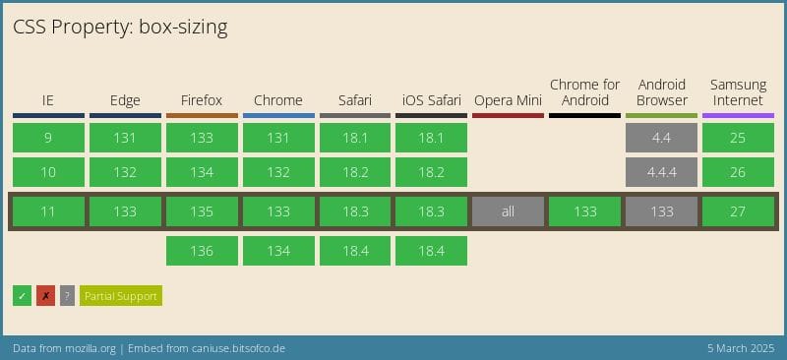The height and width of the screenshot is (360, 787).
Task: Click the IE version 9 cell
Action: [48, 138]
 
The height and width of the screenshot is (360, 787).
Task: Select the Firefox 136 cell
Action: [202, 251]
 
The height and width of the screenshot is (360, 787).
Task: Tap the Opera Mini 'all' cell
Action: [508, 211]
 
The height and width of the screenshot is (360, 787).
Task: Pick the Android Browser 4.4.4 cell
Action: [661, 172]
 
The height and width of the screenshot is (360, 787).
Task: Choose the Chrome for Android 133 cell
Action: [584, 211]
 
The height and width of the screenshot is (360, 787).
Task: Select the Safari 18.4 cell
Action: [355, 251]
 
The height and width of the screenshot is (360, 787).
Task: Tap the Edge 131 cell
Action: [125, 138]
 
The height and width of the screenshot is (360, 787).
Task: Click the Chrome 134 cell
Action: [278, 251]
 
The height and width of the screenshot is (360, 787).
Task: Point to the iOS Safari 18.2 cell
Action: [432, 172]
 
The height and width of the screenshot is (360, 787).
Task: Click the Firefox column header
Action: [202, 100]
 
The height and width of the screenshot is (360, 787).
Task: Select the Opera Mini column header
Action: [508, 100]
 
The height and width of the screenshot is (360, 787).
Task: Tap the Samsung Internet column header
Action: [738, 92]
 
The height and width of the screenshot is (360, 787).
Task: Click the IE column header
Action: [48, 100]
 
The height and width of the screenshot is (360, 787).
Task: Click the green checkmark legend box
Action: [22, 295]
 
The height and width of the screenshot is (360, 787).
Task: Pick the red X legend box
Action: [45, 295]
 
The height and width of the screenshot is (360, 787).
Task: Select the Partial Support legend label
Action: [120, 295]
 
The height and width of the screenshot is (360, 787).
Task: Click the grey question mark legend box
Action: [67, 295]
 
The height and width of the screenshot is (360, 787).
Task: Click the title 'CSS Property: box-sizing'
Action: [120, 28]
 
